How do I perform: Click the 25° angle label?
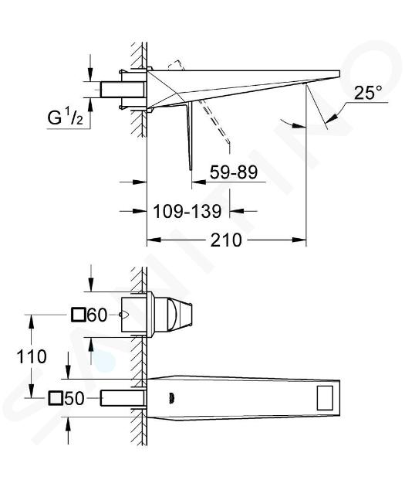click(x=368, y=92)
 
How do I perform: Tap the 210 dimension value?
click(x=226, y=240)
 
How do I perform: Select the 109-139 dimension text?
click(x=187, y=212)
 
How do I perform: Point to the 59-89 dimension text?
click(x=234, y=172)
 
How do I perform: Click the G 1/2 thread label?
click(x=66, y=117)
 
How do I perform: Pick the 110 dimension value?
click(x=32, y=356)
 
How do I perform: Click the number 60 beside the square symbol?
click(x=97, y=315)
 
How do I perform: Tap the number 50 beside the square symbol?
click(x=74, y=398)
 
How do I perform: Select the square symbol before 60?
click(x=78, y=315)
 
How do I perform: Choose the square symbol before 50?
click(x=56, y=398)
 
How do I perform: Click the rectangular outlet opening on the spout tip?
click(x=325, y=398)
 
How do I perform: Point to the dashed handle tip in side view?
click(x=228, y=141)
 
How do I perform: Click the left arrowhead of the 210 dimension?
click(x=154, y=240)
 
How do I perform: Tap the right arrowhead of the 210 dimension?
click(x=299, y=240)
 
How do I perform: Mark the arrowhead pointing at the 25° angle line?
click(x=332, y=117)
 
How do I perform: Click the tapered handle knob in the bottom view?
click(x=181, y=315)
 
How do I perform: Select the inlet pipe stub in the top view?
click(x=123, y=90)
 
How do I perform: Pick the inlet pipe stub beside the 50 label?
click(x=123, y=398)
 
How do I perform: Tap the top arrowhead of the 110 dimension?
click(x=31, y=322)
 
